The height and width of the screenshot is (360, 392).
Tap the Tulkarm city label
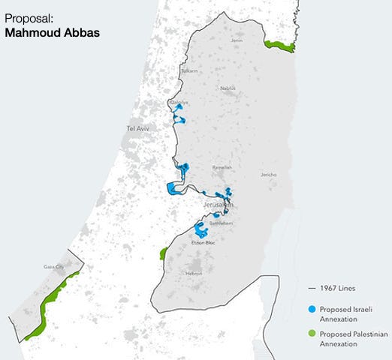point(189,70)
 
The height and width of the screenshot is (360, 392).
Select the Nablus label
point(228,88)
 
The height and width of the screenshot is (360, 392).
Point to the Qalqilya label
point(179,103)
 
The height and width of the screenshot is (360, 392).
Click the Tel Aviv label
point(139,129)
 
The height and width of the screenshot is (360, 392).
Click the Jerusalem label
point(218,204)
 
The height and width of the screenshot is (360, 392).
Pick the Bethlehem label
point(222,223)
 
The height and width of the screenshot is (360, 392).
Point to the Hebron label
point(194,273)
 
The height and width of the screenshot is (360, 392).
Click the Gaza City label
point(54,266)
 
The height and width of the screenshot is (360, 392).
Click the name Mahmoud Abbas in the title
point(52,32)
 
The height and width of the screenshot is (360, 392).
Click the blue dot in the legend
point(311,308)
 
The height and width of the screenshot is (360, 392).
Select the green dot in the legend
point(311,334)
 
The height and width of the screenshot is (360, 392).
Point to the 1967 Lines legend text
point(336,287)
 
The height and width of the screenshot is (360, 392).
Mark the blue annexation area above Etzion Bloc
point(200,228)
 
